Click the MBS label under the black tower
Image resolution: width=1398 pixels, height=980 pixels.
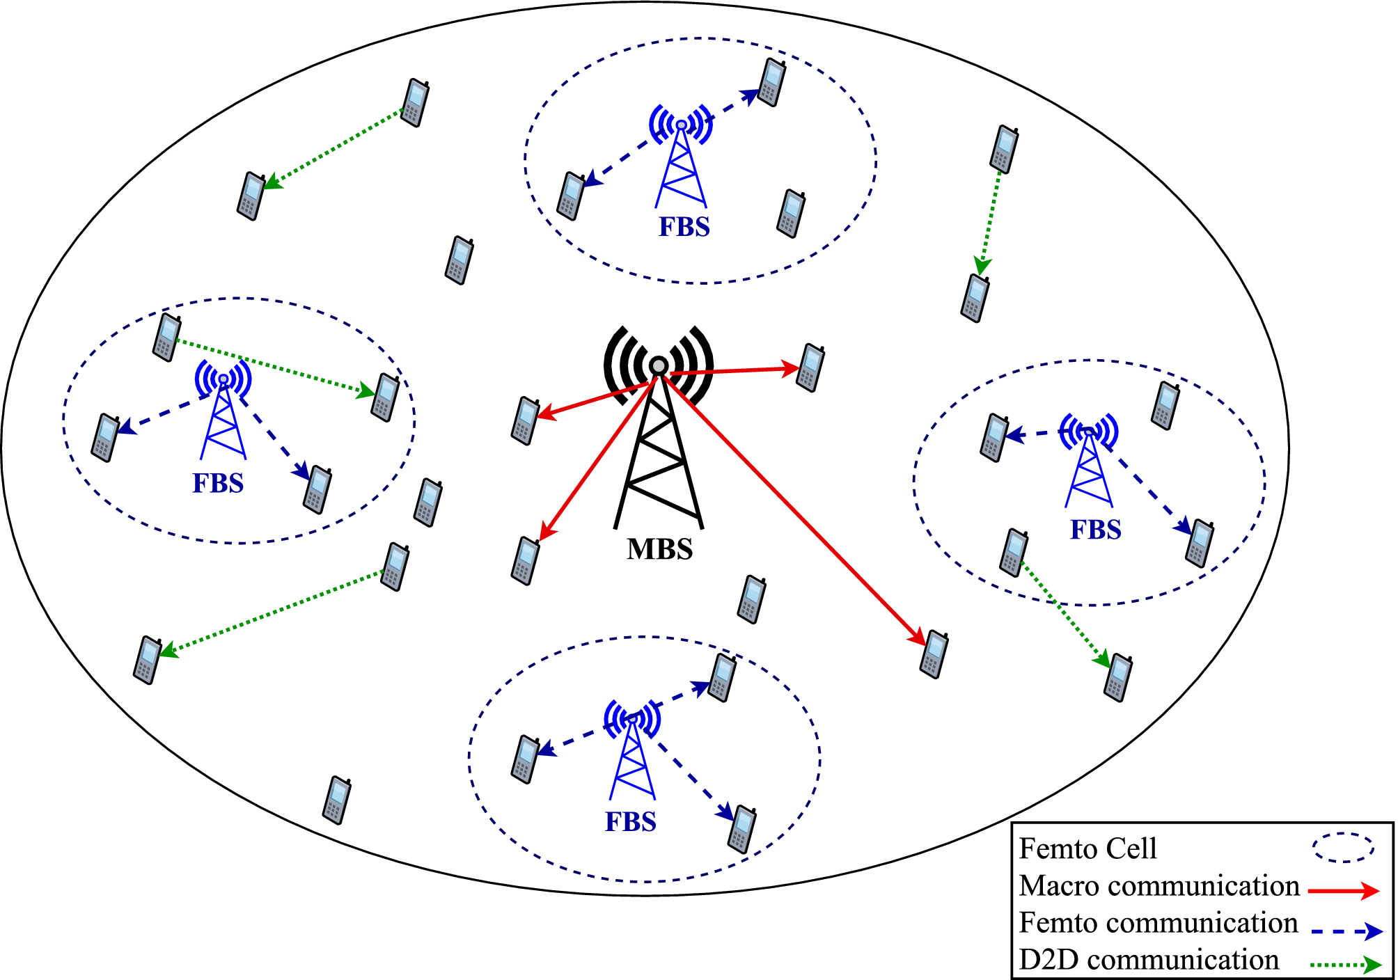coord(659,550)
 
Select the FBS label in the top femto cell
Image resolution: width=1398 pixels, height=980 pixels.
coord(684,228)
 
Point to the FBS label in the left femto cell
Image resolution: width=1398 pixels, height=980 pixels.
coord(218,484)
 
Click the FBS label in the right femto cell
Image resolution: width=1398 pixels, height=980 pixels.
coord(1095,530)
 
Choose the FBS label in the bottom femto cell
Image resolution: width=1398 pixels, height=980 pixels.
coord(630,823)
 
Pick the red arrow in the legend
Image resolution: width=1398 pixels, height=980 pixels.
coord(1343,890)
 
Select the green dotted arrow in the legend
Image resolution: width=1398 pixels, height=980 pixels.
coord(1345,964)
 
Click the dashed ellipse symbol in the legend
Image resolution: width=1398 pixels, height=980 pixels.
coord(1343,848)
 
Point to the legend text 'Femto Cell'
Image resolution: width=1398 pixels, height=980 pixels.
coord(1087,849)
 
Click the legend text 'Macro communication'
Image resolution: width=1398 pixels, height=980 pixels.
coord(1159,886)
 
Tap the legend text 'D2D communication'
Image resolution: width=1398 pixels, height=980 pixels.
coord(1149,960)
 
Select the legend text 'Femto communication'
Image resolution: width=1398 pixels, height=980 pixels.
coord(1159,923)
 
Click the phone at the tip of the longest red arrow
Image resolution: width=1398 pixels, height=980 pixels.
coord(934,654)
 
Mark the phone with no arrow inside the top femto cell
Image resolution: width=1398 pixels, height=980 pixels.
coord(791,214)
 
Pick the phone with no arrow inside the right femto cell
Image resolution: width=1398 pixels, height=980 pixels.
coord(1166,405)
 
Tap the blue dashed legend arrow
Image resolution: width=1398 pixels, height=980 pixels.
coord(1345,931)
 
